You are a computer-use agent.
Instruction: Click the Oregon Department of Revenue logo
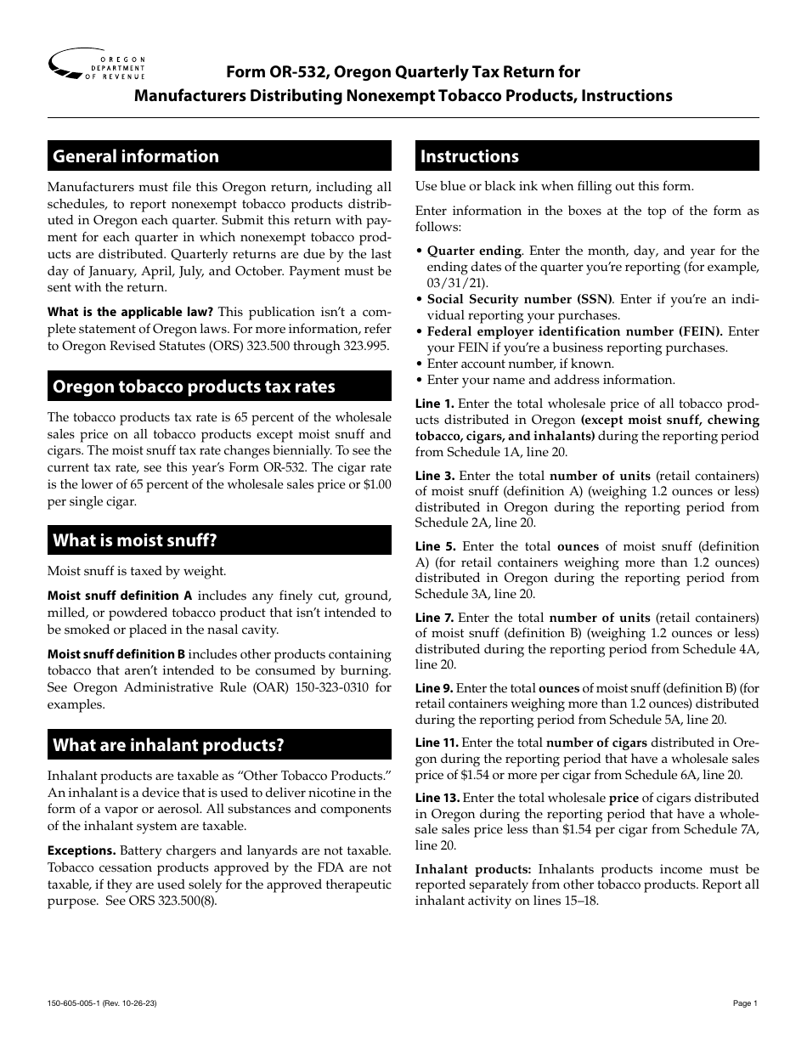click(x=97, y=65)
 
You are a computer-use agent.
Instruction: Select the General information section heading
click(x=136, y=156)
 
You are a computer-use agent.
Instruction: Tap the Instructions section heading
click(x=470, y=156)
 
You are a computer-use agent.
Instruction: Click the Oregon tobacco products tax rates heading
click(x=194, y=387)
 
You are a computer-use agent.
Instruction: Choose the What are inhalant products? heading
click(x=168, y=746)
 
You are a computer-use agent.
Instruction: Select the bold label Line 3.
click(x=435, y=476)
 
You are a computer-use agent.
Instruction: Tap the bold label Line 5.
click(x=435, y=547)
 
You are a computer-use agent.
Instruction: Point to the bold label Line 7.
click(x=435, y=619)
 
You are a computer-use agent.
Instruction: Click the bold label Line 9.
click(x=434, y=688)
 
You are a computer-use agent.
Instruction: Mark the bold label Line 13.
click(x=437, y=799)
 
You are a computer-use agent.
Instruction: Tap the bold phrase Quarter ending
click(x=474, y=251)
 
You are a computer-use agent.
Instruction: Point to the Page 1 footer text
click(x=744, y=1003)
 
